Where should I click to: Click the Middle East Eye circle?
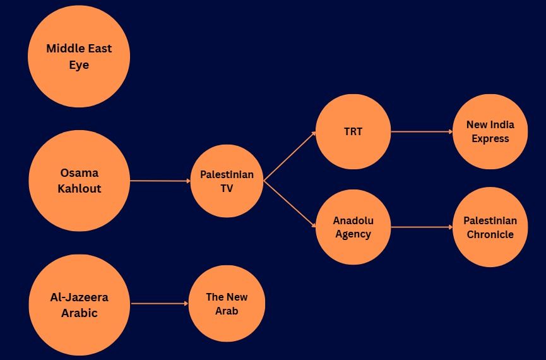tap(79, 57)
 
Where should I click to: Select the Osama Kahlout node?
tap(79, 181)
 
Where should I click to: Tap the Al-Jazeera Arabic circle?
tap(79, 304)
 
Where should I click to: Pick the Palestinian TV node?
tap(227, 181)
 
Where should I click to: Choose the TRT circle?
tap(353, 132)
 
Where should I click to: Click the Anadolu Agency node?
tap(353, 227)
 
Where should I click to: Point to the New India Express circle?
tap(490, 132)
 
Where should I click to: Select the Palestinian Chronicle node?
tap(490, 227)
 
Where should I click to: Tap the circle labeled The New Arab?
tap(227, 304)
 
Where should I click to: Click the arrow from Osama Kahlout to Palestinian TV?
tap(160, 181)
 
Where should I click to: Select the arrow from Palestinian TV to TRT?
tap(290, 157)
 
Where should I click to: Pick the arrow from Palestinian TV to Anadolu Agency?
tap(290, 204)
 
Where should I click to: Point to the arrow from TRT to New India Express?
tap(422, 132)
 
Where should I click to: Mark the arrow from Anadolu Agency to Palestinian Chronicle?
tap(422, 227)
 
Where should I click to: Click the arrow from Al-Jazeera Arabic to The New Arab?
tap(160, 304)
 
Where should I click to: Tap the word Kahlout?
tap(79, 189)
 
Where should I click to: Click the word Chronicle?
tap(490, 234)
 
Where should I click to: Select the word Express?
tap(490, 139)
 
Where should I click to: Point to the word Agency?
tap(353, 234)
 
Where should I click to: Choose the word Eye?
tap(79, 65)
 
